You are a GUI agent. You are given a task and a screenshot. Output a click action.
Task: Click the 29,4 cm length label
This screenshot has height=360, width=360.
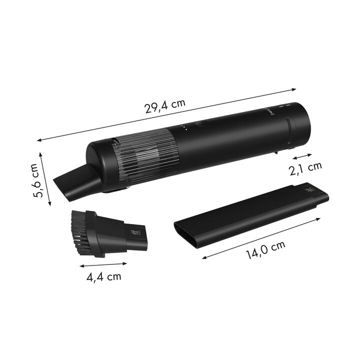(165, 106)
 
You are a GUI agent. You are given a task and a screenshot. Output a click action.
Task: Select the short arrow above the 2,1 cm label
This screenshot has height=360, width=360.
(302, 156)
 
